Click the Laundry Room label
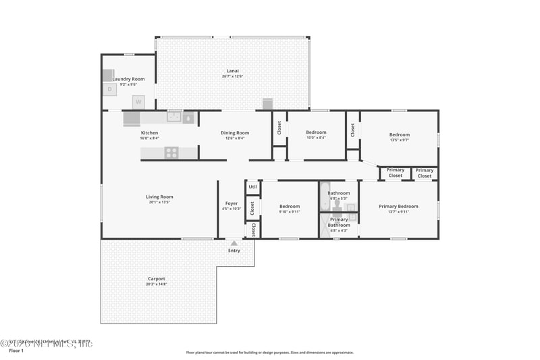coord(128,79)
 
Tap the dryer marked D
coord(109,88)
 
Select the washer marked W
coord(138,102)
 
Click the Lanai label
coord(232,71)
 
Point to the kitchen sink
coord(175,118)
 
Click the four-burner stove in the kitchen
coord(171,153)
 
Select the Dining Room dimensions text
coord(235,138)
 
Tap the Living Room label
coord(159,197)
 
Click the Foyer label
coord(232,203)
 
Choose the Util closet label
coord(252,186)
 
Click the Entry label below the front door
coord(234,251)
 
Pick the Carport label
coord(156,278)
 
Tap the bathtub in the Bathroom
coord(325,196)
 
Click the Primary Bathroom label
coord(339,222)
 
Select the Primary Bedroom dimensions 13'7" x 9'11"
coord(398,211)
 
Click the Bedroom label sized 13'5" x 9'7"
coord(399,134)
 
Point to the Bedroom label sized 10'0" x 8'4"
coord(316,132)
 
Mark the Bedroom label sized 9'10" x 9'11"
coord(290,206)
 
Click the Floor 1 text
coord(16,351)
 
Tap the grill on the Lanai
coord(267,103)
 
